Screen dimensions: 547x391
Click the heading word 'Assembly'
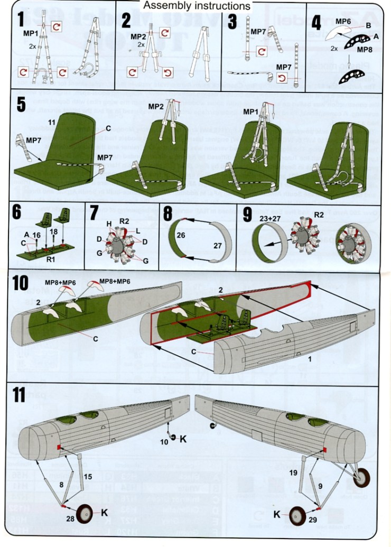click(164, 6)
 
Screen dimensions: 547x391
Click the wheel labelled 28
click(84, 514)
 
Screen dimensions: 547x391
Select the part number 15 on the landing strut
click(88, 477)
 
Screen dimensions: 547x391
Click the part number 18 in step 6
click(53, 232)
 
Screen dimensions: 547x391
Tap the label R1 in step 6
click(49, 260)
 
